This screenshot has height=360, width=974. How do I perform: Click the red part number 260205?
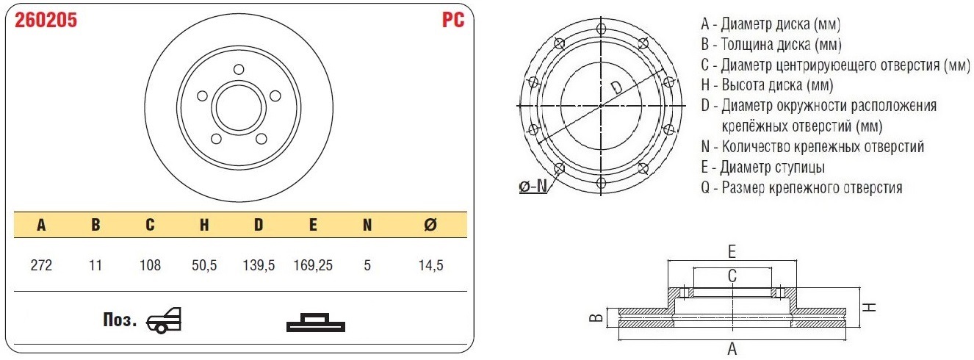tap(46, 20)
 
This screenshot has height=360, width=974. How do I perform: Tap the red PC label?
tap(453, 20)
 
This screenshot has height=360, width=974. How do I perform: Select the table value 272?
tap(41, 265)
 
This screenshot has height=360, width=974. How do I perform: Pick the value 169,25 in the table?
tap(313, 265)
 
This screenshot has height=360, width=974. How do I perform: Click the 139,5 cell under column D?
tap(259, 265)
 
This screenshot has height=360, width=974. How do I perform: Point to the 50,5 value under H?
tap(204, 265)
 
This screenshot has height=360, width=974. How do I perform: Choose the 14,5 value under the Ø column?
tap(431, 265)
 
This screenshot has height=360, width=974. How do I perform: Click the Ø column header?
tap(430, 225)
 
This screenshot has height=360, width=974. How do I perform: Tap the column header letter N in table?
tap(367, 225)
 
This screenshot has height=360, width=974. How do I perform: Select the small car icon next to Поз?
tap(164, 321)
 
